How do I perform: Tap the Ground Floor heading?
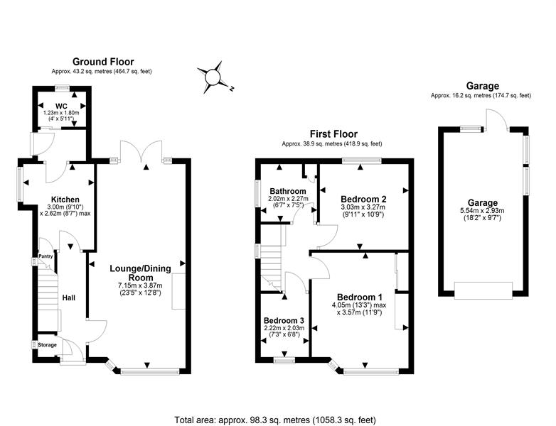pyautogui.click(x=103, y=62)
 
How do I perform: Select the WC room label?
pyautogui.click(x=61, y=106)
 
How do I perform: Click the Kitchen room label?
pyautogui.click(x=65, y=200)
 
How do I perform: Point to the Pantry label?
pyautogui.click(x=46, y=256)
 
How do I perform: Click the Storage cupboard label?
pyautogui.click(x=47, y=345)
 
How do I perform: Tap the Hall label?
pyautogui.click(x=69, y=298)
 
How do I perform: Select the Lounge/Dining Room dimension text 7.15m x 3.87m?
pyautogui.click(x=140, y=285)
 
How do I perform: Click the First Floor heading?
pyautogui.click(x=333, y=134)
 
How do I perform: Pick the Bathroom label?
pyautogui.click(x=287, y=191)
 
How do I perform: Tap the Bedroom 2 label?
pyautogui.click(x=363, y=199)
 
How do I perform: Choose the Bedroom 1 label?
pyautogui.click(x=360, y=297)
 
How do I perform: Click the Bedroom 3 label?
pyautogui.click(x=284, y=320)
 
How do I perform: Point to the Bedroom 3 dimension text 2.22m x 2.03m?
pyautogui.click(x=284, y=328)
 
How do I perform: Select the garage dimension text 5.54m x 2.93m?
pyautogui.click(x=482, y=211)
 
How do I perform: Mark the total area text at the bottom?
pyautogui.click(x=275, y=420)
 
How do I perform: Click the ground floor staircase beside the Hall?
pyautogui.click(x=48, y=297)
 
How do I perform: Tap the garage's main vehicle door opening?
pyautogui.click(x=483, y=290)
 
